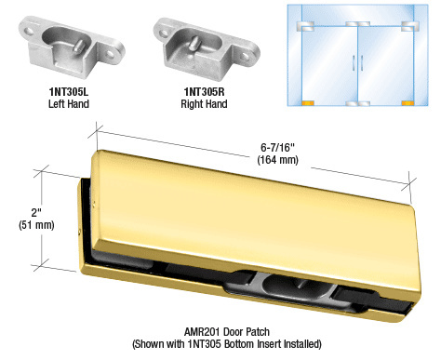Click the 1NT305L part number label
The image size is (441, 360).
(69, 92)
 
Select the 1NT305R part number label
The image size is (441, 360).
(204, 92)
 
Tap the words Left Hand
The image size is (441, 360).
(69, 103)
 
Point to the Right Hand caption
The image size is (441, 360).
(204, 103)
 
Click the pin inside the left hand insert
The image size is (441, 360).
(79, 45)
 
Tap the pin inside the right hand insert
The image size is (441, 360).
(195, 42)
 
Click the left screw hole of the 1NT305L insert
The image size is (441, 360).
(31, 31)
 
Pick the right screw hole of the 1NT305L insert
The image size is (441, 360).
(110, 55)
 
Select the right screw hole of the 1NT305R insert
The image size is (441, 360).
(246, 56)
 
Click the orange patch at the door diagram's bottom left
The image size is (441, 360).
(308, 103)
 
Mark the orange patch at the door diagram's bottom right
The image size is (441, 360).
(408, 103)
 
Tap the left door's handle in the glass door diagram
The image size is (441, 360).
(354, 62)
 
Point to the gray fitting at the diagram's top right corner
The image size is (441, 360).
(409, 26)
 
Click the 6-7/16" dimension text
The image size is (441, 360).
(277, 147)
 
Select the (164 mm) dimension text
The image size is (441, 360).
(277, 160)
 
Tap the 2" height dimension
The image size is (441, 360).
(36, 213)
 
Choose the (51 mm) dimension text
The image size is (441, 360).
(36, 225)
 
